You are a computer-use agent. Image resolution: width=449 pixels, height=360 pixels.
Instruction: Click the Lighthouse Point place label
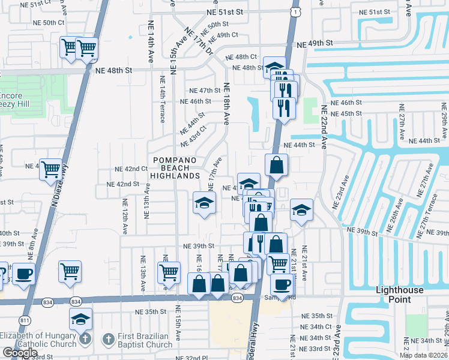point(402,294)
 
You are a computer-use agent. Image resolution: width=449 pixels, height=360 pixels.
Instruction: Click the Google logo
point(20,353)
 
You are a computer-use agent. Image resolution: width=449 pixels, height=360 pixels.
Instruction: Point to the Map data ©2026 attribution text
point(423,355)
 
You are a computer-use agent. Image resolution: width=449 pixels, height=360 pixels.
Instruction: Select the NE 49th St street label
point(315,43)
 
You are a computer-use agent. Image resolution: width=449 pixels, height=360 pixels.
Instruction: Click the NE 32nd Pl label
point(196,357)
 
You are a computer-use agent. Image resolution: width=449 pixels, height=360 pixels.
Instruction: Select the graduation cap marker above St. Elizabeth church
point(80,320)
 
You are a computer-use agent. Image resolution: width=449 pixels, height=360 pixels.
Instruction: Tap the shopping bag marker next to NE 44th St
point(276,166)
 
